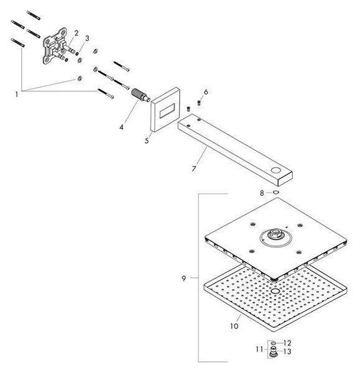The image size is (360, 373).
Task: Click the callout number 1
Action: [x=16, y=94]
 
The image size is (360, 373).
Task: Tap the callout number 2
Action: [x=76, y=33]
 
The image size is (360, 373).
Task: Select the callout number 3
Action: [x=87, y=38]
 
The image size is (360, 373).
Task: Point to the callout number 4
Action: [x=121, y=127]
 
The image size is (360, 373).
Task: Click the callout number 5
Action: [x=147, y=140]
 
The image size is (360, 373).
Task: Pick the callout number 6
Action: [x=206, y=91]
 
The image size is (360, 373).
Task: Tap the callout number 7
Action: [x=194, y=168]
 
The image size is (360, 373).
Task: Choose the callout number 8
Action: [x=262, y=193]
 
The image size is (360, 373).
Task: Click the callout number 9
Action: [x=183, y=279]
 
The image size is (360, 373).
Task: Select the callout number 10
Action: [x=234, y=326]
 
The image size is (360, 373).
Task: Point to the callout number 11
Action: [x=259, y=349]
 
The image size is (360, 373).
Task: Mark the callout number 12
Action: [x=287, y=343]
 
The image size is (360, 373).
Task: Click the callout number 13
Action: [x=287, y=351]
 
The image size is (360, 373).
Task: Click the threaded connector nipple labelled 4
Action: [x=141, y=95]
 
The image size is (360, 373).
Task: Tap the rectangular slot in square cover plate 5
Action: [x=167, y=111]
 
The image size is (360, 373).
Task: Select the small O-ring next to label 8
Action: [x=276, y=192]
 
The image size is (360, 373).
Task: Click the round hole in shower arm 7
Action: [x=276, y=170]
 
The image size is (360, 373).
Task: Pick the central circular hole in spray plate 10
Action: [x=276, y=291]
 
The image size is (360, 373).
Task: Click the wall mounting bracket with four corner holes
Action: [x=55, y=45]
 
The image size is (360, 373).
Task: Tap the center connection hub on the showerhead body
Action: [x=275, y=234]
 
